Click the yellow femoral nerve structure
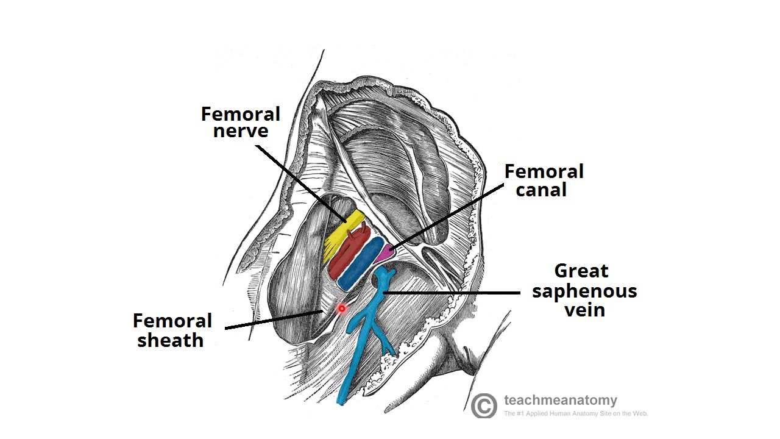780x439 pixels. pyautogui.click(x=344, y=232)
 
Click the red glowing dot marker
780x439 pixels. pyautogui.click(x=342, y=309)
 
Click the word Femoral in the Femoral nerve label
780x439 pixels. pyautogui.click(x=241, y=114)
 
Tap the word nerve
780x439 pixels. pyautogui.click(x=241, y=131)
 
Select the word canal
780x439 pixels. pyautogui.click(x=541, y=190)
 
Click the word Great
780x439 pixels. pyautogui.click(x=581, y=270)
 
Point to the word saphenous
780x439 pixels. pyautogui.click(x=584, y=290)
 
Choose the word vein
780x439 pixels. pyautogui.click(x=584, y=310)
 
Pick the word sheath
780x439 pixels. pyautogui.click(x=170, y=340)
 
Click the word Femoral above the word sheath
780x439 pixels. pyautogui.click(x=172, y=321)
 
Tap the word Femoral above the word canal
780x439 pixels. pyautogui.click(x=544, y=171)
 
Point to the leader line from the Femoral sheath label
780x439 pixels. pyautogui.click(x=274, y=320)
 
